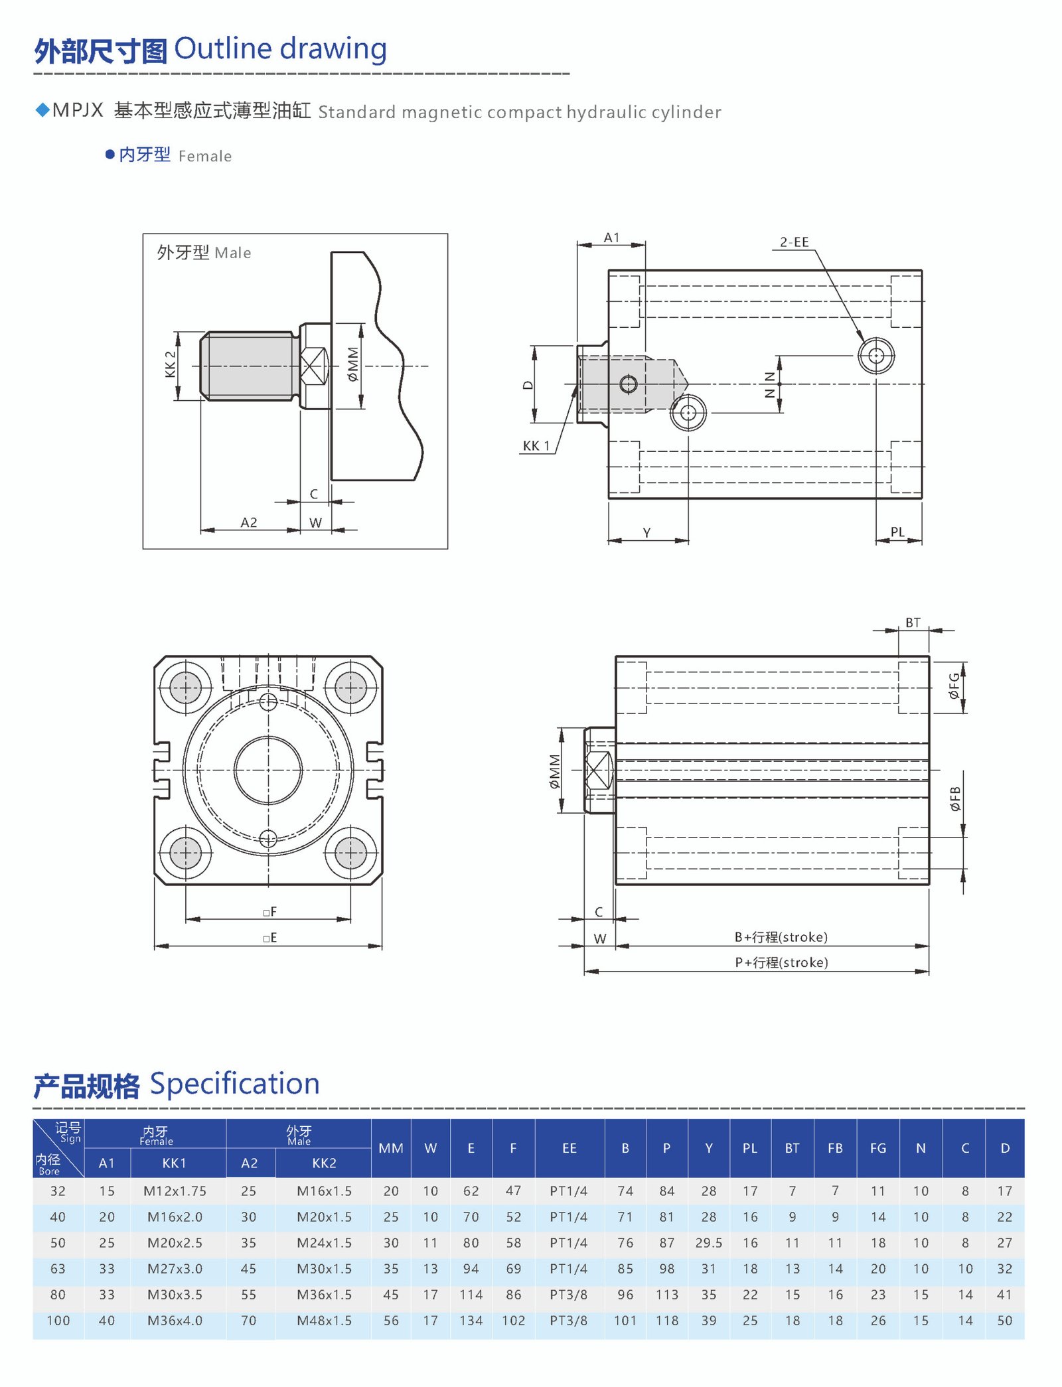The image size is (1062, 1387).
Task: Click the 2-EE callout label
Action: tap(794, 242)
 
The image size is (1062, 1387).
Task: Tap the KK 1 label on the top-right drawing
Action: tap(536, 446)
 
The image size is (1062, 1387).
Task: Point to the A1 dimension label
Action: tap(611, 238)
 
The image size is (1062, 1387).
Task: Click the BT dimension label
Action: tap(913, 622)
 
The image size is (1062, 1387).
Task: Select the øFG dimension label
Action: tap(954, 686)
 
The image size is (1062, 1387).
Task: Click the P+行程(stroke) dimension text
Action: tap(781, 962)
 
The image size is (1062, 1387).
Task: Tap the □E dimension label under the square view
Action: tap(269, 938)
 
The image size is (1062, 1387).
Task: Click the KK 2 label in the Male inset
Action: tap(171, 364)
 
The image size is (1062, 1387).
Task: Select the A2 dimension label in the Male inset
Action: tap(249, 522)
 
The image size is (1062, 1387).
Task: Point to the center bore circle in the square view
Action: tap(268, 770)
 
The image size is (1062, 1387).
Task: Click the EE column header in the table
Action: tap(569, 1148)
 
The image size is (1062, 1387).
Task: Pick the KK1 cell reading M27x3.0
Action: tap(175, 1269)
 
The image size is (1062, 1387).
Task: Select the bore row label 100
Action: tap(58, 1321)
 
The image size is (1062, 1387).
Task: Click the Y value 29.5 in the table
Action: tap(708, 1243)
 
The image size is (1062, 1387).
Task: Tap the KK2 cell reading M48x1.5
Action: tap(324, 1321)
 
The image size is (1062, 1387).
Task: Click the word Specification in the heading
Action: tap(234, 1084)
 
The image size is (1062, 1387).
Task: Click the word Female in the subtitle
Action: tap(204, 157)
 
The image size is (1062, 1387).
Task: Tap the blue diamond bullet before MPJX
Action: tap(42, 110)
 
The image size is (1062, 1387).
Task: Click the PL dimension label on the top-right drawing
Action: tap(897, 532)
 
